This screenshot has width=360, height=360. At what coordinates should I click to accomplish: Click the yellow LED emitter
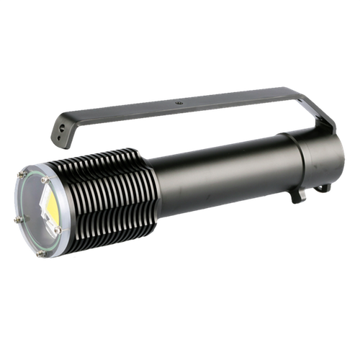point(51,207)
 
